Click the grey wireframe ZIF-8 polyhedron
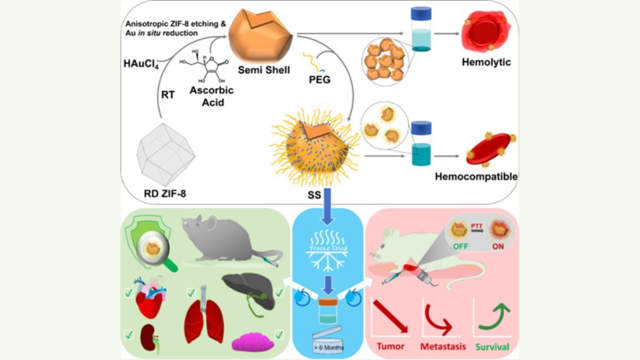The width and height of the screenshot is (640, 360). point(166,152)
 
